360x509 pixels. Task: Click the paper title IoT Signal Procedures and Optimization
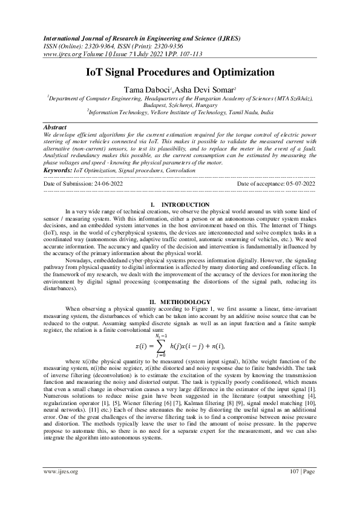tap(180, 73)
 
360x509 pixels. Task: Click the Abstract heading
tap(56, 128)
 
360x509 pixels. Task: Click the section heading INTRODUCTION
tap(186, 205)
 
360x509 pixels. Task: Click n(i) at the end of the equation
tap(217, 346)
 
